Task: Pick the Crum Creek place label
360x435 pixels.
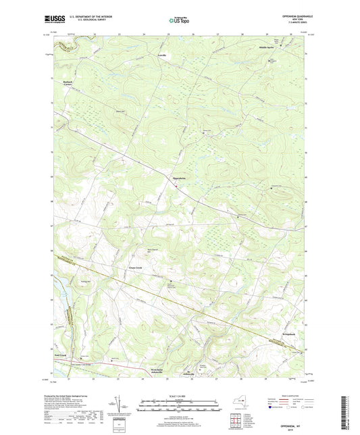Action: (x=134, y=267)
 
